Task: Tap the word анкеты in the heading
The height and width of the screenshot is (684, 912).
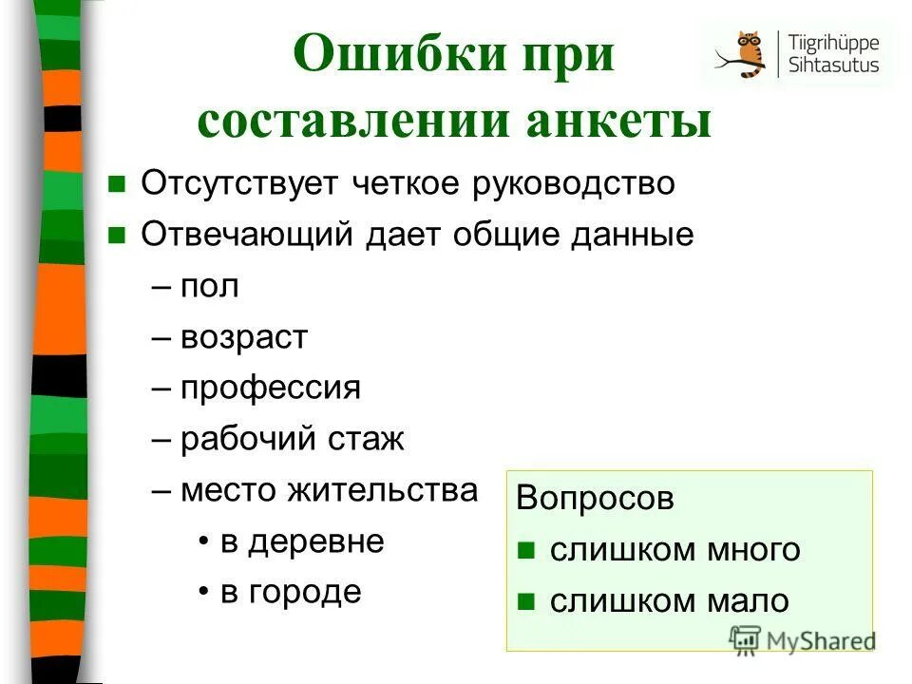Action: point(622,121)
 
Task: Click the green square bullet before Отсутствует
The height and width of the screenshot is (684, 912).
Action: point(118,184)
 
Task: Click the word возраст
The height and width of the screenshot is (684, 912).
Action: point(244,337)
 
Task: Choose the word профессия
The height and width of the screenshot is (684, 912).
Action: point(270,388)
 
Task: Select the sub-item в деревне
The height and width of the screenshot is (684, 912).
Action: point(302,541)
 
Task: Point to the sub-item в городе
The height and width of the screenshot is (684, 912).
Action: point(291,593)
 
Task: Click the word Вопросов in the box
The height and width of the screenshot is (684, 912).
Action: point(595,500)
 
